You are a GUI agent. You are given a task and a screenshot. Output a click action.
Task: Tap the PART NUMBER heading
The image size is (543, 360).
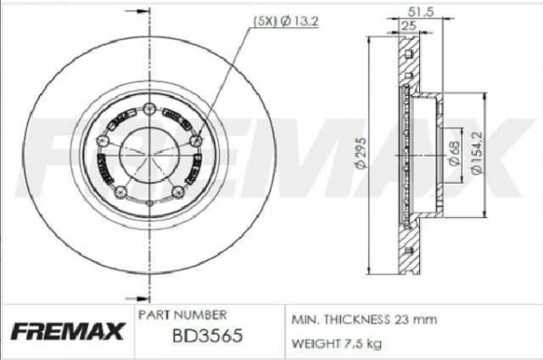[x=181, y=315]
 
